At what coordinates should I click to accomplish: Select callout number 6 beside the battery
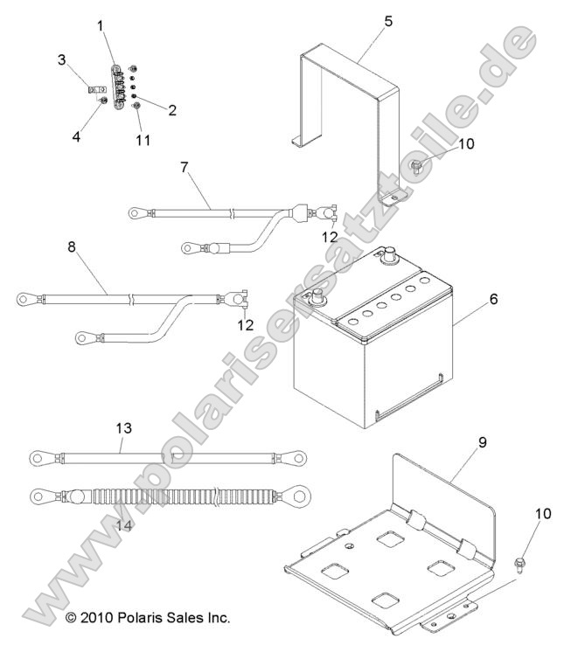coord(494,299)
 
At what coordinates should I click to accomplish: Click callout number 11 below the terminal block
coord(142,139)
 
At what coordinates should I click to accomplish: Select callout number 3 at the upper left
coord(61,59)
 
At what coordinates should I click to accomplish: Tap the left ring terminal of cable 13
coord(38,455)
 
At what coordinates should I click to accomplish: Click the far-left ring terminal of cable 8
coord(24,300)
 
